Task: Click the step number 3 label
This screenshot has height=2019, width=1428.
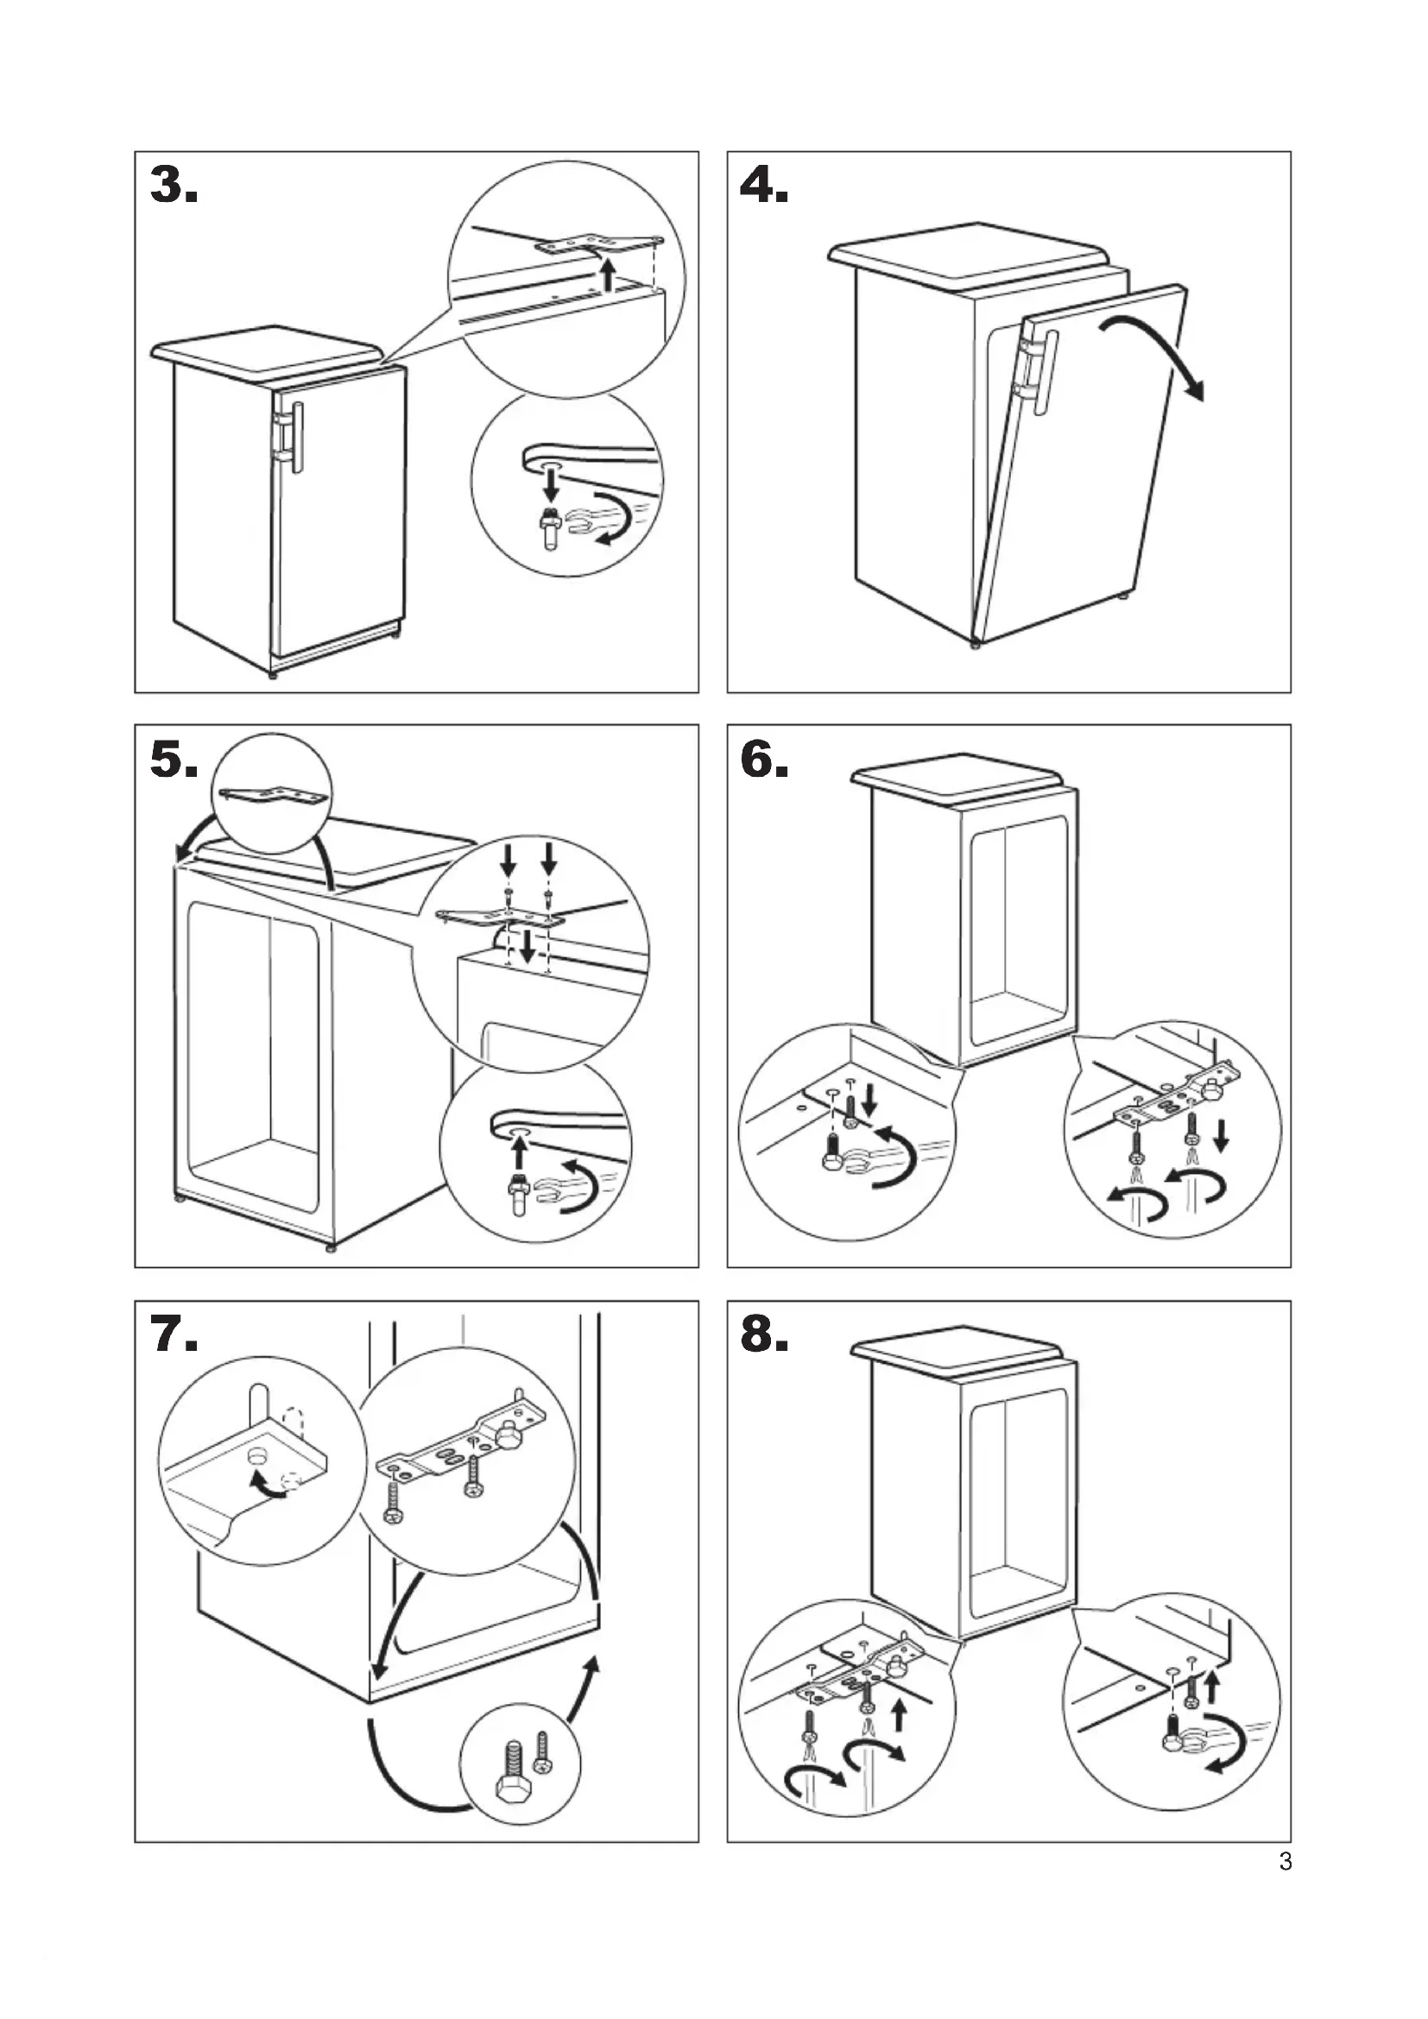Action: pos(174,186)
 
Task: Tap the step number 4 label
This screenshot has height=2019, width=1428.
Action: pos(764,186)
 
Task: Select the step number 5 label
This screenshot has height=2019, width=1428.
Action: pos(174,759)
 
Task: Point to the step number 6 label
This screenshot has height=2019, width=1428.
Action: pos(764,759)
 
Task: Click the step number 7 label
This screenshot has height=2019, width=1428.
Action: pos(174,1334)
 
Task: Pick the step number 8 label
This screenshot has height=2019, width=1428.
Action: pos(764,1334)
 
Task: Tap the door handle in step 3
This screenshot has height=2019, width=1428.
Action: pos(297,438)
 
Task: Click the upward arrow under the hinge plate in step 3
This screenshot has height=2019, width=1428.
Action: pos(607,271)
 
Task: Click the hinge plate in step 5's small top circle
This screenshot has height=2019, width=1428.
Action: pos(274,795)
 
